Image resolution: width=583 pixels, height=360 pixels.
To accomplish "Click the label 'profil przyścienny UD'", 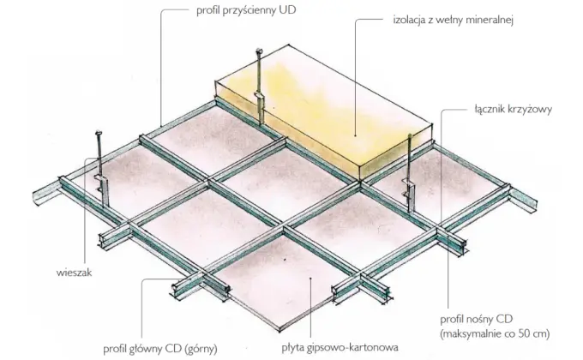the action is pos(246,10).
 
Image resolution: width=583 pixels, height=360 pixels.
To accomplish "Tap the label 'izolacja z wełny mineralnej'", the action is pos(454,20).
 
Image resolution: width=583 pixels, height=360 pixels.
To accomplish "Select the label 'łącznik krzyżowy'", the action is pos(513,110).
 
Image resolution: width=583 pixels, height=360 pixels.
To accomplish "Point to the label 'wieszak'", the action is pos(74,273).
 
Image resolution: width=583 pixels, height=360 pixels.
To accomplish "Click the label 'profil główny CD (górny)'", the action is pos(160,349).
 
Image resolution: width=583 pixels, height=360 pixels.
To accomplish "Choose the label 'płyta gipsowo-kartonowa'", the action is pos(340,348).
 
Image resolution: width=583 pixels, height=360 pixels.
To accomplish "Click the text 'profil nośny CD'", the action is pos(477,319).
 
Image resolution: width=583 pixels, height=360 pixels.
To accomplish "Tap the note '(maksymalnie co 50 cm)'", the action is pos(495,333).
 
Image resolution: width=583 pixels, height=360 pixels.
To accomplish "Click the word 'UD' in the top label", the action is pos(289,10).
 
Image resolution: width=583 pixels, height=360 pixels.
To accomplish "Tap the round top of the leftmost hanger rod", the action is pos(99,133).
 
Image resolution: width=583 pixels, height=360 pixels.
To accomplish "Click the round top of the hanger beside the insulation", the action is pos(259,51).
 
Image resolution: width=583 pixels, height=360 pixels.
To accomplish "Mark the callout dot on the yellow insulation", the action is pos(355,135).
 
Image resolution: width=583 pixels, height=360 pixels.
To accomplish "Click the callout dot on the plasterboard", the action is pos(310,278).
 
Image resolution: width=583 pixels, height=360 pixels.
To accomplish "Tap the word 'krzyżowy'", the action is pos(531,110).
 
